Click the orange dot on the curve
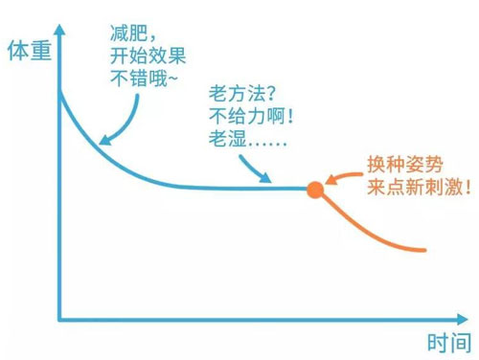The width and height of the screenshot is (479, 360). point(314,189)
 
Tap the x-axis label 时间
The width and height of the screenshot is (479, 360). point(446,342)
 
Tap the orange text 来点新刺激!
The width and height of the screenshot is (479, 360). point(419,187)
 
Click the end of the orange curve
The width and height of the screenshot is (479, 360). point(423,250)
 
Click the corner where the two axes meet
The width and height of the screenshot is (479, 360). point(60,319)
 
